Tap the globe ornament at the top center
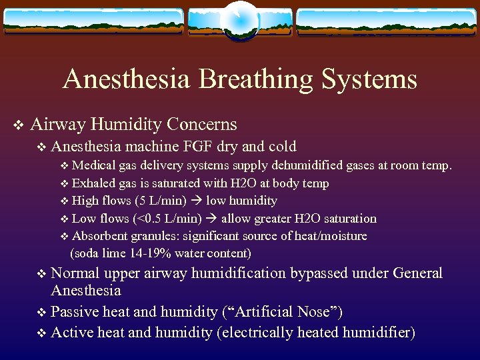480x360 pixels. pyautogui.click(x=239, y=19)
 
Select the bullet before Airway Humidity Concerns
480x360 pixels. pyautogui.click(x=19, y=125)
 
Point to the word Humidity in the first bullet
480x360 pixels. pyautogui.click(x=125, y=124)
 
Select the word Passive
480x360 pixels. pyautogui.click(x=72, y=311)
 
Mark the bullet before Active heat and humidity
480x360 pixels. pyautogui.click(x=42, y=333)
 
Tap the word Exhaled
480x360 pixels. pyautogui.click(x=93, y=183)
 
